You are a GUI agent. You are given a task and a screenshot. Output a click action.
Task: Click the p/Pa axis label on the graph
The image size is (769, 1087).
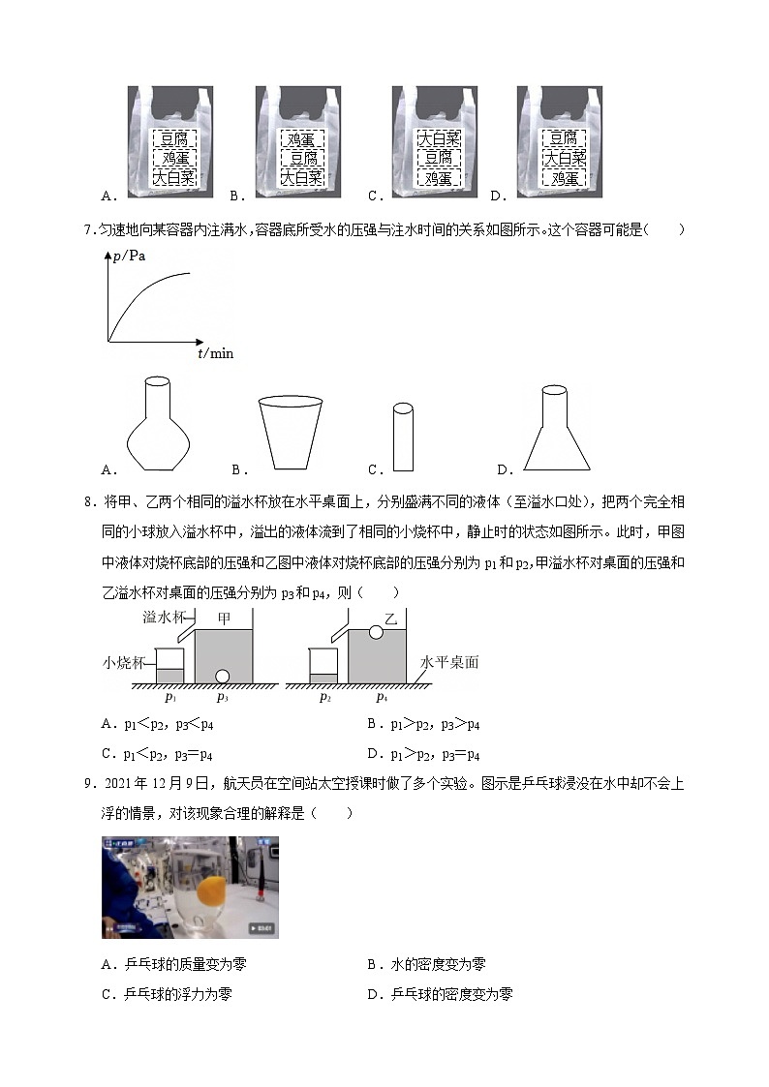tap(129, 256)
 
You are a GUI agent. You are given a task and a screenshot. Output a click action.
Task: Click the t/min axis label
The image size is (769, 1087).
tap(215, 354)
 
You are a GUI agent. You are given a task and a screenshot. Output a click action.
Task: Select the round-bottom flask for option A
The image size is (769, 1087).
tap(159, 423)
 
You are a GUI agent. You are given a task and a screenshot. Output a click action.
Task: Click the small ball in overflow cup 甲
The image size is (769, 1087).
tap(222, 676)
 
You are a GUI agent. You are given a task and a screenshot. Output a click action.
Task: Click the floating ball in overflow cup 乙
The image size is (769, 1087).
tap(375, 633)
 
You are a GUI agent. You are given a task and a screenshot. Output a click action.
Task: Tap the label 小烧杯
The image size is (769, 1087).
tap(124, 663)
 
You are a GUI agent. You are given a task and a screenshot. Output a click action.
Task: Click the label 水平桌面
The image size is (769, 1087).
tap(448, 663)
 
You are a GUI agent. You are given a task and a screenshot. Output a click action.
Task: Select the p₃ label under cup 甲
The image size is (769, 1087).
tap(222, 697)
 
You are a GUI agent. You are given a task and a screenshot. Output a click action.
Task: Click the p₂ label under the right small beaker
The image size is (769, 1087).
tap(324, 697)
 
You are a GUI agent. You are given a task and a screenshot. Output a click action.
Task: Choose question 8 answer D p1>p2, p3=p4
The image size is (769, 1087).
tap(423, 755)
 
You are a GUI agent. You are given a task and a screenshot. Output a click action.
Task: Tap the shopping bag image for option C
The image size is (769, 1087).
tap(435, 142)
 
